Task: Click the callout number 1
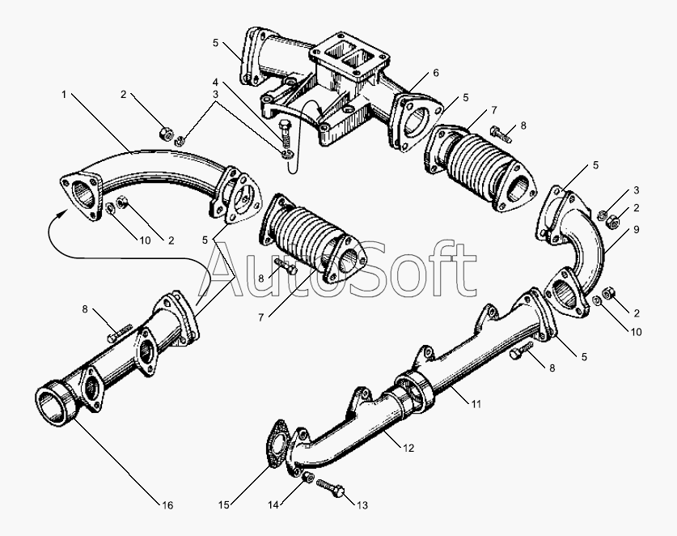click(65, 94)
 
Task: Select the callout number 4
click(215, 81)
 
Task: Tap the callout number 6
click(436, 73)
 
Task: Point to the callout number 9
click(637, 229)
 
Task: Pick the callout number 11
click(476, 404)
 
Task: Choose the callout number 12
click(409, 449)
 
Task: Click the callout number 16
click(167, 505)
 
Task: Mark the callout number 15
click(224, 505)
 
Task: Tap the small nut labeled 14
click(307, 477)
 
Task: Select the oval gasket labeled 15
click(277, 445)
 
